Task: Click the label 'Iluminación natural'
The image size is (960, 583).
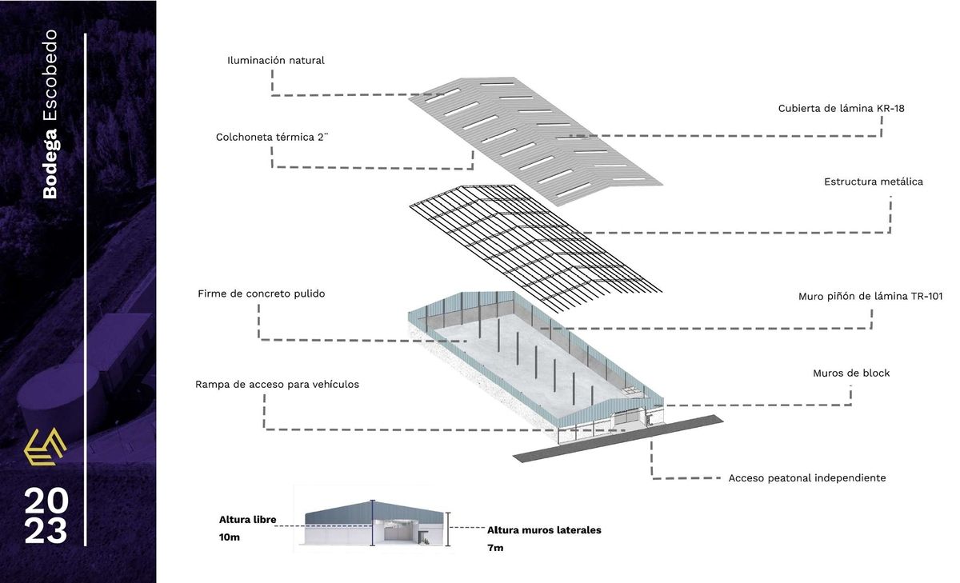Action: click(x=275, y=61)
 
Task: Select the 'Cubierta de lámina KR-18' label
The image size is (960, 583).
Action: click(x=842, y=109)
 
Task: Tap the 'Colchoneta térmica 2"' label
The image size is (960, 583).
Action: click(x=272, y=137)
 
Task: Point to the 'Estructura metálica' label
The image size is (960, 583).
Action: click(x=874, y=182)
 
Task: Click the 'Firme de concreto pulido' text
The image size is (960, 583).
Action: click(x=262, y=293)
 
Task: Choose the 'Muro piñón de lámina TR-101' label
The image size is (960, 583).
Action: click(x=870, y=297)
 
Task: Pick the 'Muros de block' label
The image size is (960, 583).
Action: click(x=851, y=373)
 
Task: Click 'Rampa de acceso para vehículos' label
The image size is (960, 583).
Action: click(x=277, y=384)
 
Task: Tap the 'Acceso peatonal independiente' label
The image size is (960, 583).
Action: click(x=807, y=477)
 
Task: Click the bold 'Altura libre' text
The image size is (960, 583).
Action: click(x=247, y=520)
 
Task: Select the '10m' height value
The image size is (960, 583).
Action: click(x=230, y=537)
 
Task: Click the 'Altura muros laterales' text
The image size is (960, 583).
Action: click(x=544, y=530)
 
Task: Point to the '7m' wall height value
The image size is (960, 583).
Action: click(x=495, y=548)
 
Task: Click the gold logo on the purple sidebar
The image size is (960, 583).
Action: click(x=45, y=447)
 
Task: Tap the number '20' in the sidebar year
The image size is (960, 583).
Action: click(x=46, y=501)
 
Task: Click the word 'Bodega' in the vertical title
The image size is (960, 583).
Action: click(x=50, y=163)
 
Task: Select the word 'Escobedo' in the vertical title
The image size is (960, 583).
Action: click(x=50, y=75)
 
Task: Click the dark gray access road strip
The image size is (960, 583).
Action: click(x=618, y=438)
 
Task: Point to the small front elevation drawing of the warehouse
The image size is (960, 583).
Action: click(x=374, y=523)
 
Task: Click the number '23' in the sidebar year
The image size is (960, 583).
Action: click(x=46, y=530)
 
